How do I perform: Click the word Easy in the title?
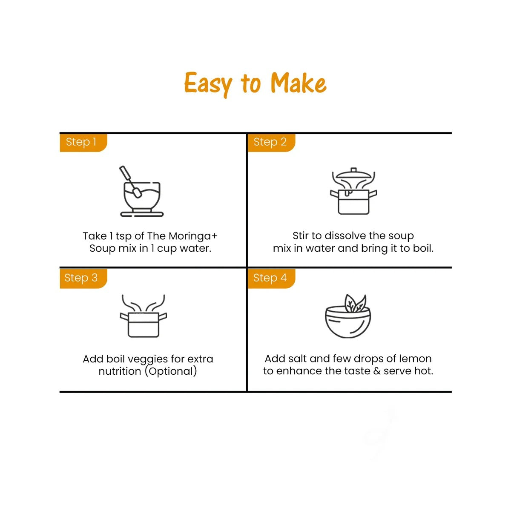(208, 84)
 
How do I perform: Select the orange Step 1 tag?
(83, 143)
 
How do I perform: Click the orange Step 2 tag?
(271, 143)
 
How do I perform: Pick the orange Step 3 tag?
(83, 278)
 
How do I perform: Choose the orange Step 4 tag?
(271, 278)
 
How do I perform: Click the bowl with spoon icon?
(142, 191)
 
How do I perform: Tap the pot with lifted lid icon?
(353, 191)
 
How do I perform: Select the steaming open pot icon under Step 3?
(143, 316)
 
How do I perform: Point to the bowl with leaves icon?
(348, 316)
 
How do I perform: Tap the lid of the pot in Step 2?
(353, 174)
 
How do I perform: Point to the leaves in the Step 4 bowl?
(355, 304)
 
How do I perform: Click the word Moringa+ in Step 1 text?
(193, 236)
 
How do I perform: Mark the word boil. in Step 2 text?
(423, 248)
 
